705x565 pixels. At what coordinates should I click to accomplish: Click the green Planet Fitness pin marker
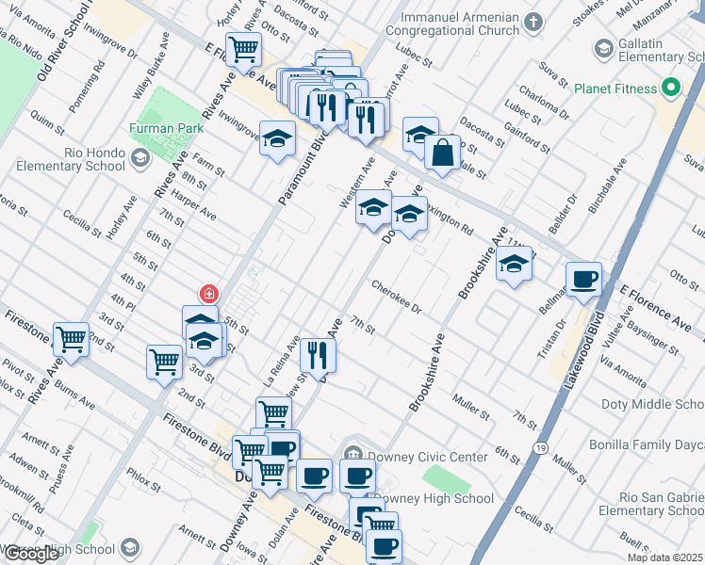coord(671,89)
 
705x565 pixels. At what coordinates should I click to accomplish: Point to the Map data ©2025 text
coord(664,557)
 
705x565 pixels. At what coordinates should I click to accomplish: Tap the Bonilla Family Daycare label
coord(656,443)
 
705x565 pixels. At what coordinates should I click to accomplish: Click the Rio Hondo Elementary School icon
coord(139,157)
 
